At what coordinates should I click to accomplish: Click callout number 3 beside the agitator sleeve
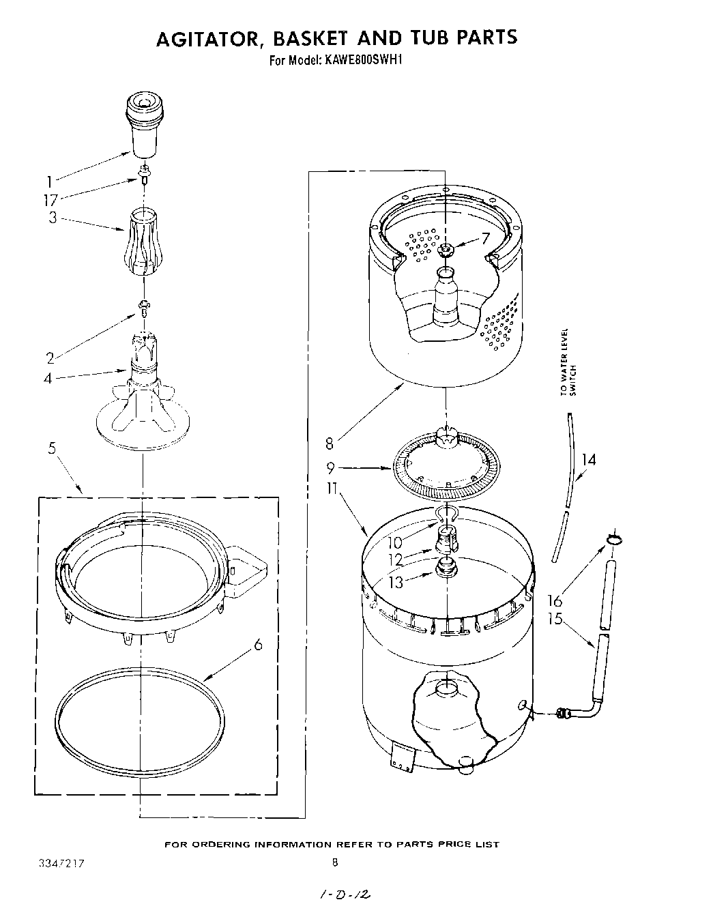(x=53, y=218)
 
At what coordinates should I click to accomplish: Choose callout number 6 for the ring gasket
(x=258, y=643)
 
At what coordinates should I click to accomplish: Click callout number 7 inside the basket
(x=485, y=238)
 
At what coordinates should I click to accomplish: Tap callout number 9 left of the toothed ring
(x=330, y=469)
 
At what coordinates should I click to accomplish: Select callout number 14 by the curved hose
(x=588, y=460)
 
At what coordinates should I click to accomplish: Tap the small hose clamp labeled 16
(x=613, y=540)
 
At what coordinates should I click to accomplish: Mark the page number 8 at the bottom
(x=334, y=862)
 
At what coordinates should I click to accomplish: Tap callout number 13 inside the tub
(x=396, y=583)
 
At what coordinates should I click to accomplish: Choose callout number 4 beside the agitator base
(x=48, y=378)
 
